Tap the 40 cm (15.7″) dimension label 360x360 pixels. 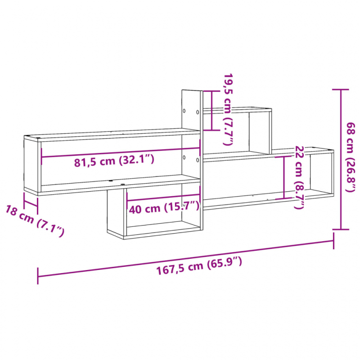pyautogui.click(x=163, y=208)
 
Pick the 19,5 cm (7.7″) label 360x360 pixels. pyautogui.click(x=229, y=109)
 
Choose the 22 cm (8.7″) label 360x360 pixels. pyautogui.click(x=299, y=177)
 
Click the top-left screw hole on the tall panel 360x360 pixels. pyautogui.click(x=184, y=110)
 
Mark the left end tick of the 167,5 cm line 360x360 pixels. pyautogui.click(x=38, y=276)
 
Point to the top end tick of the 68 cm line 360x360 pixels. pyautogui.click(x=341, y=90)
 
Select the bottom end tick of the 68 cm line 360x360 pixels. pyautogui.click(x=341, y=229)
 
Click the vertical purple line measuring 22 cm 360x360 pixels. pyautogui.click(x=284, y=177)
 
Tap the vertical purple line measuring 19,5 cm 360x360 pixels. pyautogui.click(x=211, y=111)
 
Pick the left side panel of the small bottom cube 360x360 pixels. pyautogui.click(x=116, y=211)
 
